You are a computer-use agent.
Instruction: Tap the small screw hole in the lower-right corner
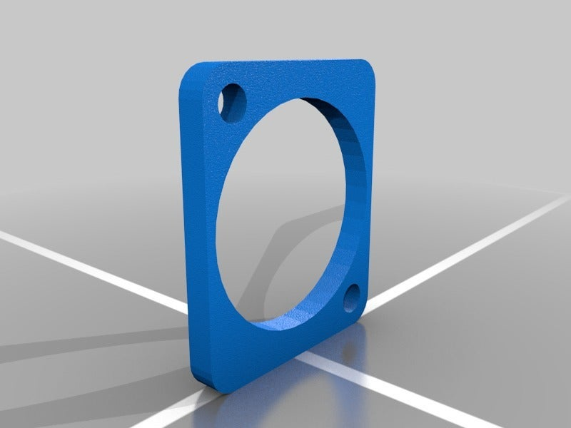(x=352, y=298)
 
